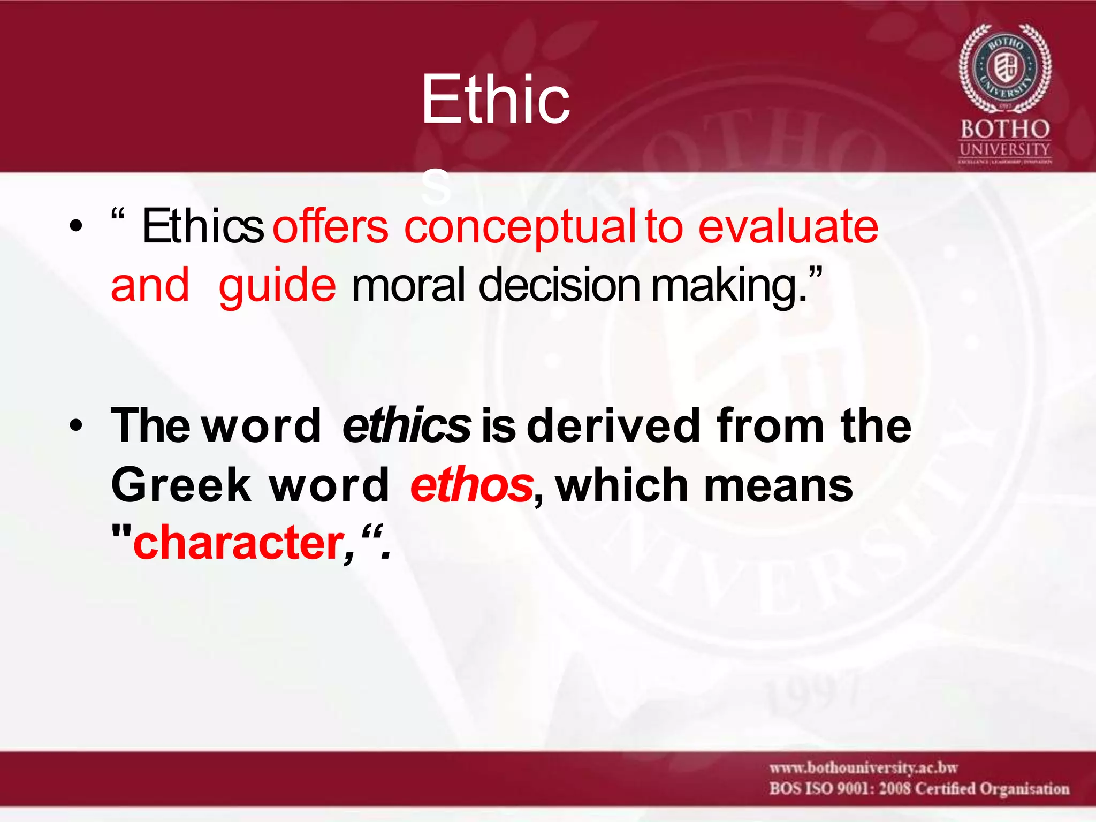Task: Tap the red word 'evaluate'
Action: [x=788, y=227]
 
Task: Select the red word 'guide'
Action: [x=277, y=285]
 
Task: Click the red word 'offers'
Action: [x=330, y=227]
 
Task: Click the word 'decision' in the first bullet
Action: [x=559, y=285]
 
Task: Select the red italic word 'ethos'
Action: [x=471, y=485]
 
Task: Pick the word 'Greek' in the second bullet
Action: [x=181, y=485]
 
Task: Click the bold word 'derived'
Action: [x=613, y=426]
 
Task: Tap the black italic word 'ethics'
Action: [x=406, y=426]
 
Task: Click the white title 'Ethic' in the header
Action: [x=495, y=100]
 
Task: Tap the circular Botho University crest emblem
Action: [x=1004, y=68]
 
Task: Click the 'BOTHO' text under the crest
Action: [x=1004, y=130]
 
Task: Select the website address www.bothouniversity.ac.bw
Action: [x=863, y=768]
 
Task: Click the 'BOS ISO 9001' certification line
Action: [x=919, y=789]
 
